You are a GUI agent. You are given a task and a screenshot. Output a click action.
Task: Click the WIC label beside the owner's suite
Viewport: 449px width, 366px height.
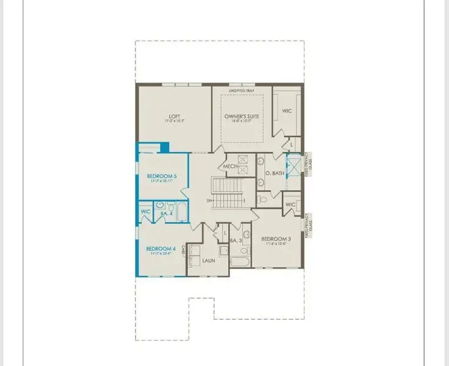(x=287, y=111)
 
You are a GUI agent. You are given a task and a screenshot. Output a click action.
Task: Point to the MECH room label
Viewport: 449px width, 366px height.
(x=230, y=166)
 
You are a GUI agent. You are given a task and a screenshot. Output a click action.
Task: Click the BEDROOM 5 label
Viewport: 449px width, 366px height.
(x=162, y=176)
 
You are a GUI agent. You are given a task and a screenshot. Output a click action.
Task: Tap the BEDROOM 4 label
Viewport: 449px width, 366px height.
(x=160, y=248)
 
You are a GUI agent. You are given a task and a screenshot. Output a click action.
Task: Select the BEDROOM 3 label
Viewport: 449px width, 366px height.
(x=276, y=239)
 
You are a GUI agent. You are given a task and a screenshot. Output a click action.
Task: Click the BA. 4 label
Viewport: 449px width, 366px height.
(x=165, y=214)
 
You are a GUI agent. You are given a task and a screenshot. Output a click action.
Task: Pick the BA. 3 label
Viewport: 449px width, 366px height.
(x=237, y=241)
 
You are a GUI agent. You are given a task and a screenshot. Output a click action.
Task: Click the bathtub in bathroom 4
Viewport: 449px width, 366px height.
(x=181, y=212)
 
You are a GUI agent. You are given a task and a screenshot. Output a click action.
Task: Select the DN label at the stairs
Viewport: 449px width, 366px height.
(x=209, y=199)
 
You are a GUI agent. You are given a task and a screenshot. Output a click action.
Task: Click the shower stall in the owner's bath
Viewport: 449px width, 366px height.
(x=294, y=166)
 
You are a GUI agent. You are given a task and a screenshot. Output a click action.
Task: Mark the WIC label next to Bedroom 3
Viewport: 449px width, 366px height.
(x=290, y=204)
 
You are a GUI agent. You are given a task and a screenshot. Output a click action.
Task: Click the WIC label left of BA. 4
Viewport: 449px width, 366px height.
(x=145, y=212)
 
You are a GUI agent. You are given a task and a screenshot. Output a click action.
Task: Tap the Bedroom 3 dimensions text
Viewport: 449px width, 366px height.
(x=276, y=245)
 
